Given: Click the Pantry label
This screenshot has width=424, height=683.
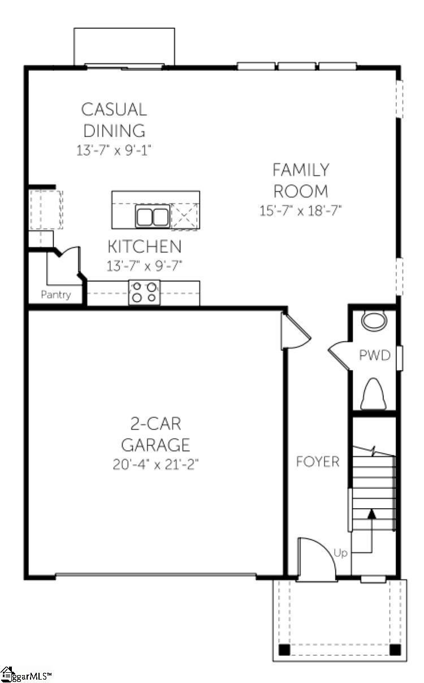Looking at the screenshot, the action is pos(56,295).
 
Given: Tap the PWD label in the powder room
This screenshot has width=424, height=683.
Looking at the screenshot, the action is pos(375,355).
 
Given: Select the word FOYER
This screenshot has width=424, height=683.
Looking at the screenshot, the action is pos(318,462).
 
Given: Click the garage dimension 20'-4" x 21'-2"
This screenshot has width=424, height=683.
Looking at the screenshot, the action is pos(155,465).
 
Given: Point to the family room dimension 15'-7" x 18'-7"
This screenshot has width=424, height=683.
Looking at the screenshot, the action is pos(300,211).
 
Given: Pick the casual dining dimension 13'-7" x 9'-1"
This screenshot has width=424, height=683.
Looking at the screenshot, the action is pos(114,151).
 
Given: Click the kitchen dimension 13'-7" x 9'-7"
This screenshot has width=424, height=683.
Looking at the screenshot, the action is pos(144,266).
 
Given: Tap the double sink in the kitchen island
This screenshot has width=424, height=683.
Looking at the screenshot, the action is pos(153,216).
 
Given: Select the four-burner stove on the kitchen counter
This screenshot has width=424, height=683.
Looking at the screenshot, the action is pos(144,293).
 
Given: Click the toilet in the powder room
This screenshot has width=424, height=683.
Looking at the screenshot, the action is pos(374,394).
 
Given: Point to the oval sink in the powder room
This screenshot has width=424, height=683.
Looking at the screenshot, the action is pos(374,320).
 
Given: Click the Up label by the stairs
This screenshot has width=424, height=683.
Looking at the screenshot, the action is pos(340,553).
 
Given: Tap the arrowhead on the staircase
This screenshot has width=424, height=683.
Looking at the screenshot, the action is pos(371,514).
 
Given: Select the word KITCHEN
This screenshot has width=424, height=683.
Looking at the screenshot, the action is pos(145,246).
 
